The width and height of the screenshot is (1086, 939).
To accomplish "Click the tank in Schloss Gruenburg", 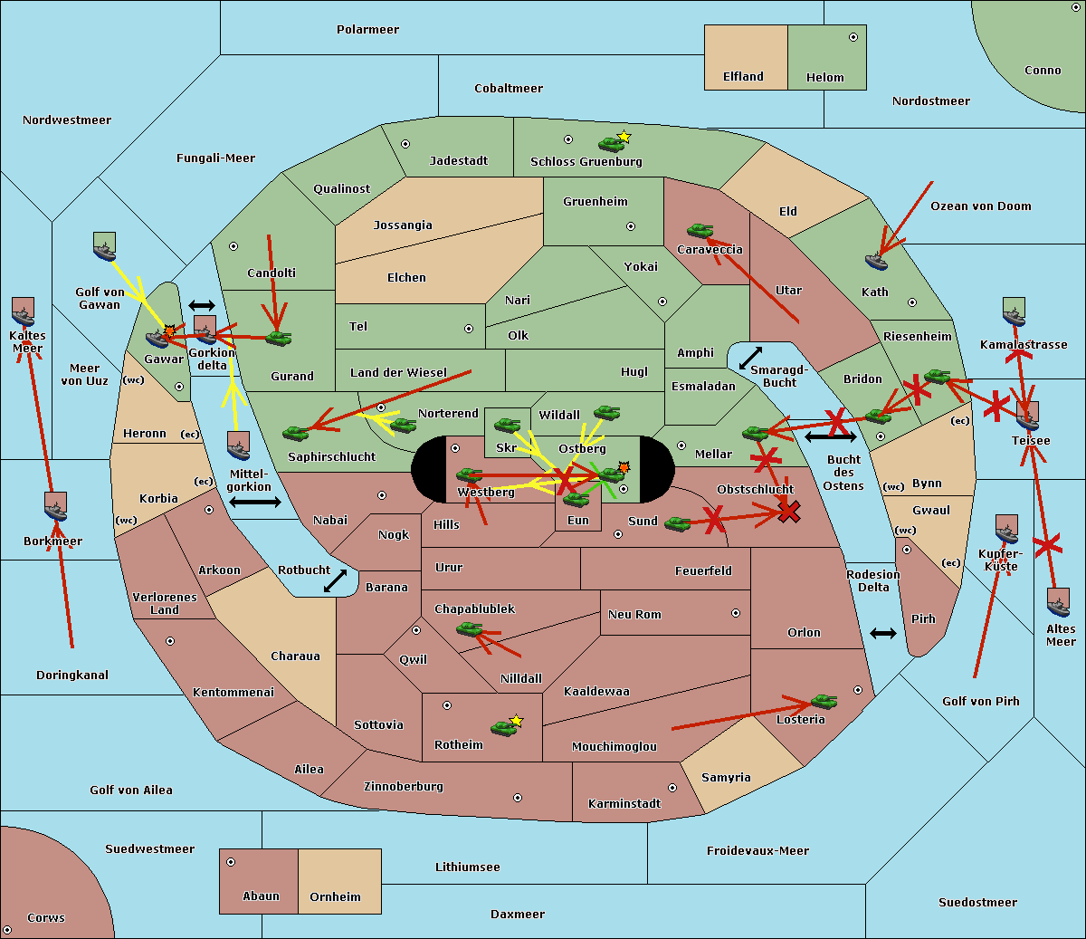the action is [611, 144].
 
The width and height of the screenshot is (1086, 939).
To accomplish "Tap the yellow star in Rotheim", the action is [517, 720].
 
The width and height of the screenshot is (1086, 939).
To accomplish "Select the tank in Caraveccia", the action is [700, 230].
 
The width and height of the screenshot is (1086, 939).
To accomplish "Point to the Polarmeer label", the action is [367, 30].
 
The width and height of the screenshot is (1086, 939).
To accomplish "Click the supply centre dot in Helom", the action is [853, 37].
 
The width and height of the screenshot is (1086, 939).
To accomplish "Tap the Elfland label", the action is [743, 77].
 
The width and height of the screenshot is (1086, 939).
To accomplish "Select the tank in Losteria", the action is [824, 702].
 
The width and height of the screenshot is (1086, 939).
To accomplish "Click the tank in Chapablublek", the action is [469, 629].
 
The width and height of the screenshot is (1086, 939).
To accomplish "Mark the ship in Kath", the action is [876, 262].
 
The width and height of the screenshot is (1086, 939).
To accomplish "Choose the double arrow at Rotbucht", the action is [335, 580].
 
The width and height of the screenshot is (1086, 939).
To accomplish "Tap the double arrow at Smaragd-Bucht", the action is [750, 358].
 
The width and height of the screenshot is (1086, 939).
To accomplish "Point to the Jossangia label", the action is [403, 225].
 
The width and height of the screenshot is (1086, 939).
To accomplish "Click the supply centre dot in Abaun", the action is [231, 862].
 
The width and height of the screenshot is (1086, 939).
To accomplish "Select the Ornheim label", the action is [335, 897].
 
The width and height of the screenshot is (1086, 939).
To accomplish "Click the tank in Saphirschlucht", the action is [295, 433].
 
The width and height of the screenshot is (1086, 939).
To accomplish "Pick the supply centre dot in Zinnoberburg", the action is [518, 798].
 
